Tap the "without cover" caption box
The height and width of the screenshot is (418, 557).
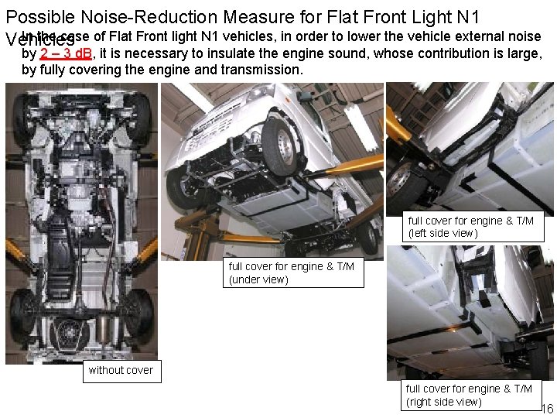tap(121, 370)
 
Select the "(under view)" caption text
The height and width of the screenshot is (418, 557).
tap(258, 279)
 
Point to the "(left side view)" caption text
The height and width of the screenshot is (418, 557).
tap(443, 233)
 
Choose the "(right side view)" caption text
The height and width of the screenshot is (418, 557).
tap(443, 401)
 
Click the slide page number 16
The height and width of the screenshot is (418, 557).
tap(546, 409)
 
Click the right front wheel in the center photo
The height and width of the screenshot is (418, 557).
tap(281, 144)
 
